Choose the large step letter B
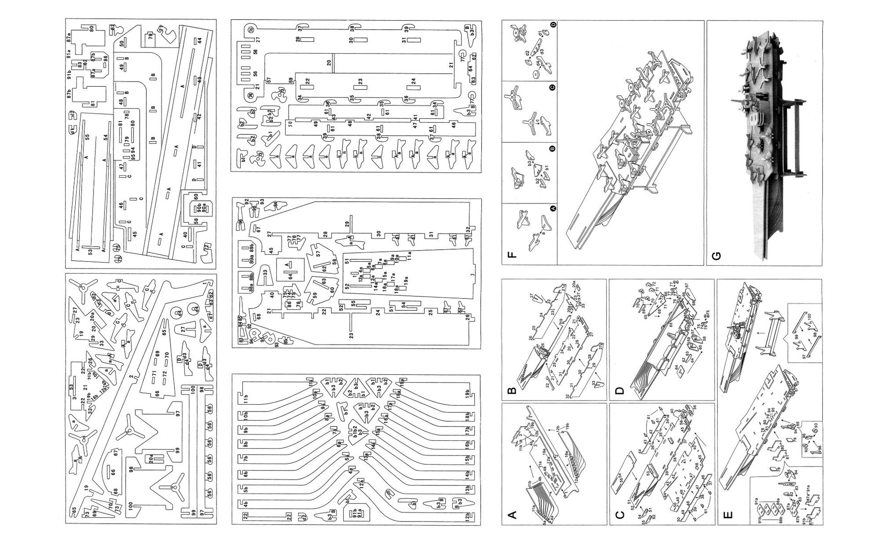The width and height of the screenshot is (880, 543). [513, 390]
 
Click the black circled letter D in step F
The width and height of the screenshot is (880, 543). [552, 26]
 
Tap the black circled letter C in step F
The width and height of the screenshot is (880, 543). [552, 87]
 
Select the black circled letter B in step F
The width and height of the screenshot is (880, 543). [552, 148]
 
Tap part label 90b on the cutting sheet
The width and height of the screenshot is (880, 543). [199, 209]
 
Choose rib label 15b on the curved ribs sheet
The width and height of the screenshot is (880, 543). [467, 459]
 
